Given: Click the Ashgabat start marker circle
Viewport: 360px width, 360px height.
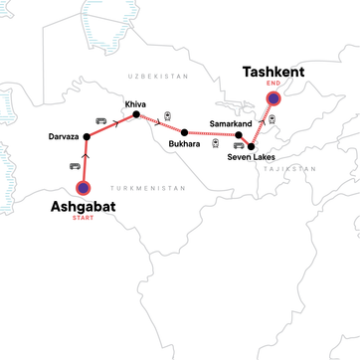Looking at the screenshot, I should pyautogui.click(x=85, y=186).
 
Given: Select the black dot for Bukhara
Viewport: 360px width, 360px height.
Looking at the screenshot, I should pyautogui.click(x=184, y=132).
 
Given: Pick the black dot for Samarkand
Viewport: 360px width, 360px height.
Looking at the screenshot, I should pyautogui.click(x=239, y=134).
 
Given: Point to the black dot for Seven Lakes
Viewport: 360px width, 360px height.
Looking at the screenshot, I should pyautogui.click(x=251, y=146).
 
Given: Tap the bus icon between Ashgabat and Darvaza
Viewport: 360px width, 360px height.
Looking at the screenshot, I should pyautogui.click(x=74, y=166).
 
